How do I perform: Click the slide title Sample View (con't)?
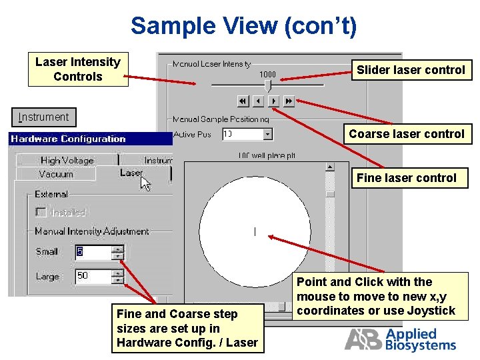pyautogui.click(x=243, y=26)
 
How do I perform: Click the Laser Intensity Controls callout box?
pyautogui.click(x=77, y=69)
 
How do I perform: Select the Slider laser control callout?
pyautogui.click(x=411, y=70)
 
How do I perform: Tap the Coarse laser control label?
pyautogui.click(x=406, y=134)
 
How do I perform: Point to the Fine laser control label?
pyautogui.click(x=406, y=178)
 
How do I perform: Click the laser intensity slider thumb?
pyautogui.click(x=268, y=85)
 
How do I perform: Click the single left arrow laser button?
pyautogui.click(x=258, y=101)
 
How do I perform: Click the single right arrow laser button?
pyautogui.click(x=273, y=101)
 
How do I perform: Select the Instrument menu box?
pyautogui.click(x=44, y=117)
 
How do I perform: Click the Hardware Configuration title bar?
pyautogui.click(x=90, y=139)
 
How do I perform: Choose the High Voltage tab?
pyautogui.click(x=67, y=160)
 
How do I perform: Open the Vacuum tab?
pyautogui.click(x=56, y=174)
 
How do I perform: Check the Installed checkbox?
pyautogui.click(x=41, y=213)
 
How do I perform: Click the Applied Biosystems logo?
pyautogui.click(x=400, y=339)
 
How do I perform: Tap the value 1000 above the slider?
pyautogui.click(x=267, y=74)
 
